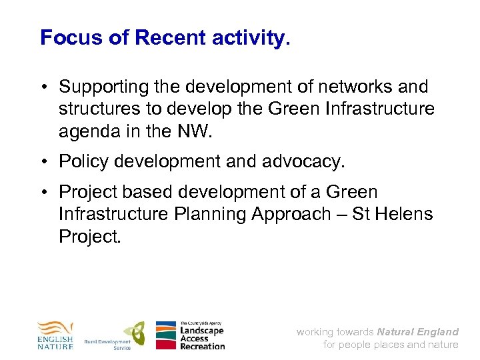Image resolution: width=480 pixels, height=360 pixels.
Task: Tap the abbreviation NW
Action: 194,131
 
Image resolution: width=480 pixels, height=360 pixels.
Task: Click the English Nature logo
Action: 55,335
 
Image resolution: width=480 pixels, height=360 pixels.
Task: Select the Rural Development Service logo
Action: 115,335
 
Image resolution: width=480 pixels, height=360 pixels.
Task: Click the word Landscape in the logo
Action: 201,331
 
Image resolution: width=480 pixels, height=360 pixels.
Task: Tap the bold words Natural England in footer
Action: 417,331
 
